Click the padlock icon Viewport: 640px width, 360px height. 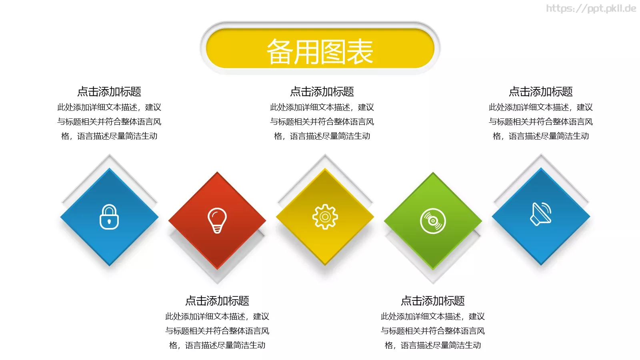(109, 217)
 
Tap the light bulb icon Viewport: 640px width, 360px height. (217, 220)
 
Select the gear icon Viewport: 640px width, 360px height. (325, 217)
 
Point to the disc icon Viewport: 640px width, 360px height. (433, 221)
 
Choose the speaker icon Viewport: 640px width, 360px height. (541, 214)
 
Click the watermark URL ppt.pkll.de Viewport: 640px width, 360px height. (591, 8)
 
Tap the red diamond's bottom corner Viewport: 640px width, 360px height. (217, 268)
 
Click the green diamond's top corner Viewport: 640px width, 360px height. (433, 173)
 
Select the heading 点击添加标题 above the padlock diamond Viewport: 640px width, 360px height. (109, 92)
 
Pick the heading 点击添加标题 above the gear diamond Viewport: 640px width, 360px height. (322, 92)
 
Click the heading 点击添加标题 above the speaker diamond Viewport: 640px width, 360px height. (541, 92)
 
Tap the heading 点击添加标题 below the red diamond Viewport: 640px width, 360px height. (217, 301)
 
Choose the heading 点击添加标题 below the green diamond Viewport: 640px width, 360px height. (433, 301)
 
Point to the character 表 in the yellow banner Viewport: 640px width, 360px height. (360, 52)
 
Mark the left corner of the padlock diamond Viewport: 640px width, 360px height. (61, 217)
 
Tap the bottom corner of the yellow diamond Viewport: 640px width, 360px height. (325, 264)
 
